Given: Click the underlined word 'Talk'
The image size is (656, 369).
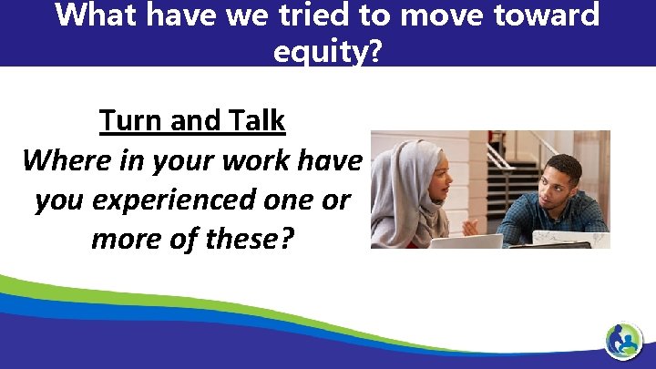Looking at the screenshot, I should pos(254,120).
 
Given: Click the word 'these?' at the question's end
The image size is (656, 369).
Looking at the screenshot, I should pos(252,239).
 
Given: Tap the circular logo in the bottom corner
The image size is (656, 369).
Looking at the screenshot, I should pos(624,341).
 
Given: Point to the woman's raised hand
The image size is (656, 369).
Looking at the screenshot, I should pos(471,222).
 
